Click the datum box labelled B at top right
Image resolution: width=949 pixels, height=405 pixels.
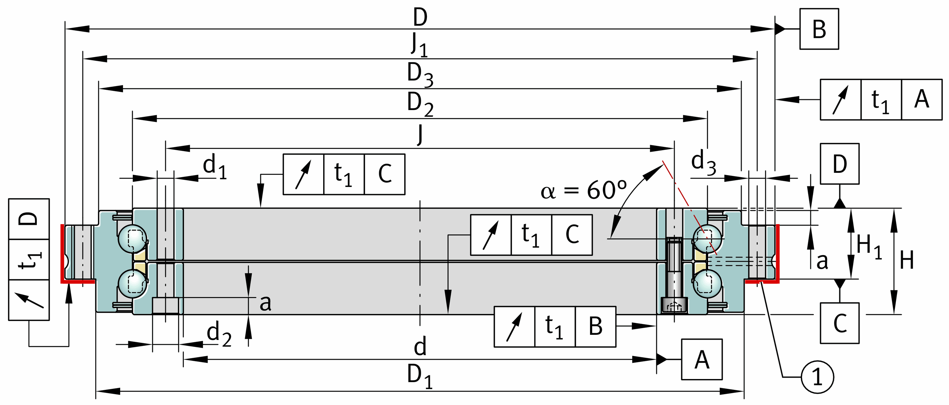(819, 29)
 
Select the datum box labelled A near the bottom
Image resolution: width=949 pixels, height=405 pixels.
(701, 359)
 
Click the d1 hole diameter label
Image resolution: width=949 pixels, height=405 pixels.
(215, 165)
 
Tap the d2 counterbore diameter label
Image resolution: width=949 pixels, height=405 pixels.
(219, 333)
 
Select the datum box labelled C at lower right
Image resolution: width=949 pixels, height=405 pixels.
(840, 323)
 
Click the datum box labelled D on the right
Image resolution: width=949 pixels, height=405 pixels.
(840, 163)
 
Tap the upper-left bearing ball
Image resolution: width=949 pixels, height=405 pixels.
(133, 239)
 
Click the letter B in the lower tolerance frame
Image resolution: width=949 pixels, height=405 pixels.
(595, 327)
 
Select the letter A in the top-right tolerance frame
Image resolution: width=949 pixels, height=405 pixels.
(921, 100)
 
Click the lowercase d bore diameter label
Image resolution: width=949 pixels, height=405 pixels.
(420, 347)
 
